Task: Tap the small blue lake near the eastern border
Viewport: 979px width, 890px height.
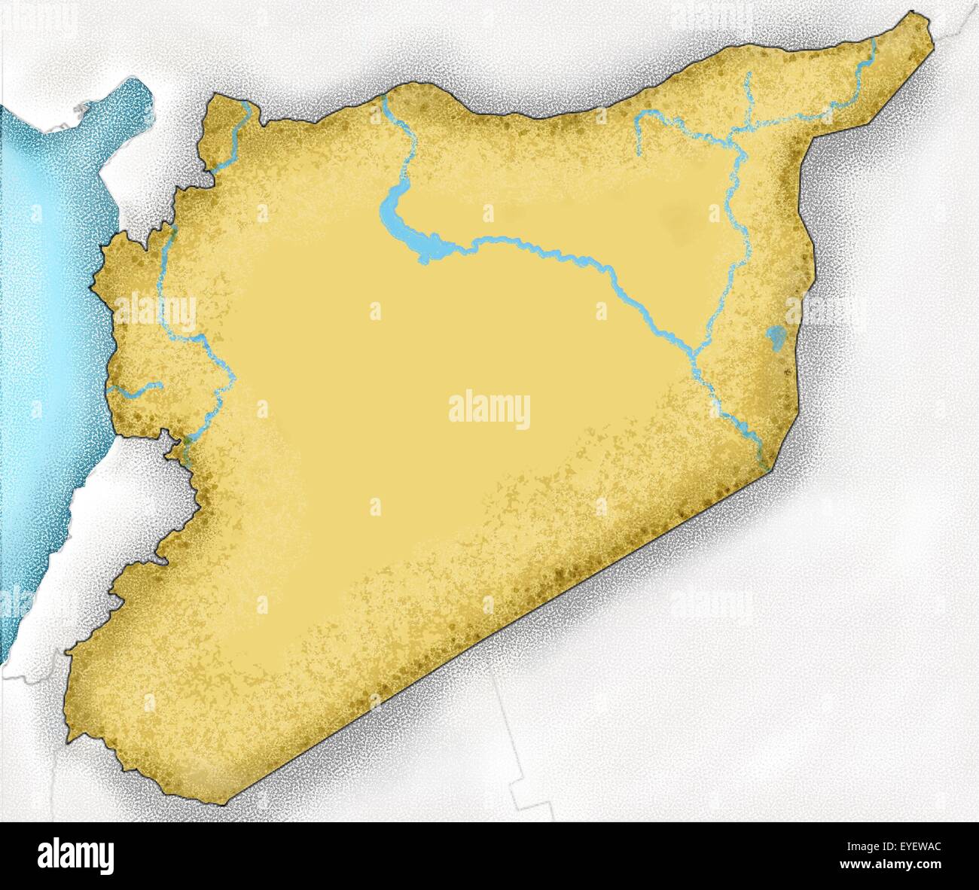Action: [x=773, y=335]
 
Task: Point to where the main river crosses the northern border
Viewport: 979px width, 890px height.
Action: [x=384, y=100]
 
